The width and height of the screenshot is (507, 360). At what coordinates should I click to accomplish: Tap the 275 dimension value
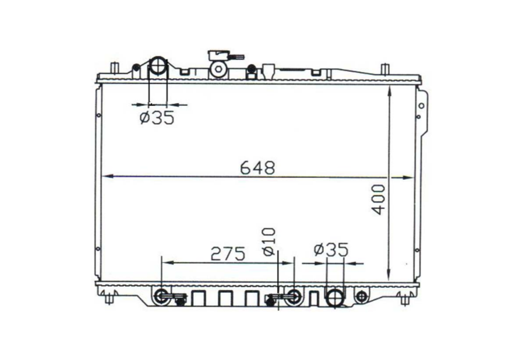click(x=228, y=254)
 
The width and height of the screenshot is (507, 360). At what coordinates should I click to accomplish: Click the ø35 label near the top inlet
click(x=157, y=118)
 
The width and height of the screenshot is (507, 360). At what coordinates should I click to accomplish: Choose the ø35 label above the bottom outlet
click(x=331, y=249)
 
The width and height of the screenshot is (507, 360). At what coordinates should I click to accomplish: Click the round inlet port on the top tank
click(x=158, y=66)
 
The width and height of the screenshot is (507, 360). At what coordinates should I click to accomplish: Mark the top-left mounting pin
click(x=113, y=70)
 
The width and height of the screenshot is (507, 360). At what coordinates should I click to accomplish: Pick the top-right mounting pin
click(x=384, y=70)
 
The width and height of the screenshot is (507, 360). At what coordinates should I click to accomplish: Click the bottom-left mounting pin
click(x=110, y=299)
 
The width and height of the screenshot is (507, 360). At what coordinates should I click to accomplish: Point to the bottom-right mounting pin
click(x=405, y=299)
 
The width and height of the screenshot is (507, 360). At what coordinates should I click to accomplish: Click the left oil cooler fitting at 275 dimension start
click(x=161, y=296)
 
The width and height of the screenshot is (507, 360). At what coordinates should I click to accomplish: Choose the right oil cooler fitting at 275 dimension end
click(x=293, y=296)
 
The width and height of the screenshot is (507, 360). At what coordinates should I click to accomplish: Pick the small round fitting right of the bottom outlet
click(x=362, y=295)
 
